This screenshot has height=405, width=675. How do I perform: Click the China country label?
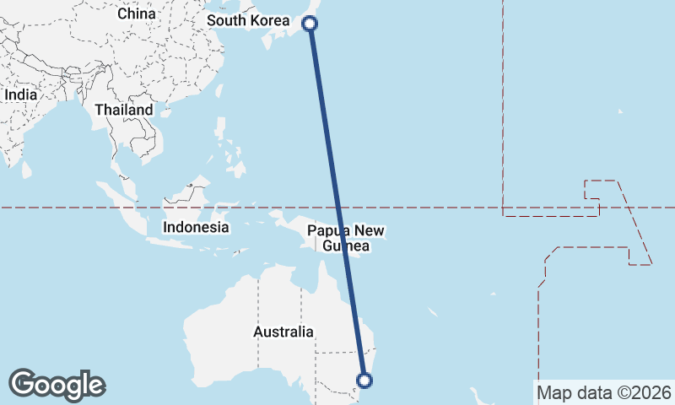[137, 13]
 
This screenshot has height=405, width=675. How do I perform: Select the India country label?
[20, 94]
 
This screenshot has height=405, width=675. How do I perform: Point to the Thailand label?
[124, 110]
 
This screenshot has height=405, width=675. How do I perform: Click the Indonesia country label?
[196, 227]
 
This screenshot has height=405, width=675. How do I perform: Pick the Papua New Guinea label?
[345, 239]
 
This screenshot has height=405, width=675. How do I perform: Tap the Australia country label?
[283, 332]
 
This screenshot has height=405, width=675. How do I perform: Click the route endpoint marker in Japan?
[310, 24]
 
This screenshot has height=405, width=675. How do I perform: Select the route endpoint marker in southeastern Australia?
[365, 381]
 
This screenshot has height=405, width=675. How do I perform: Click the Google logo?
[57, 385]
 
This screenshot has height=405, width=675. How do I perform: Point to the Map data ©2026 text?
[603, 392]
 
